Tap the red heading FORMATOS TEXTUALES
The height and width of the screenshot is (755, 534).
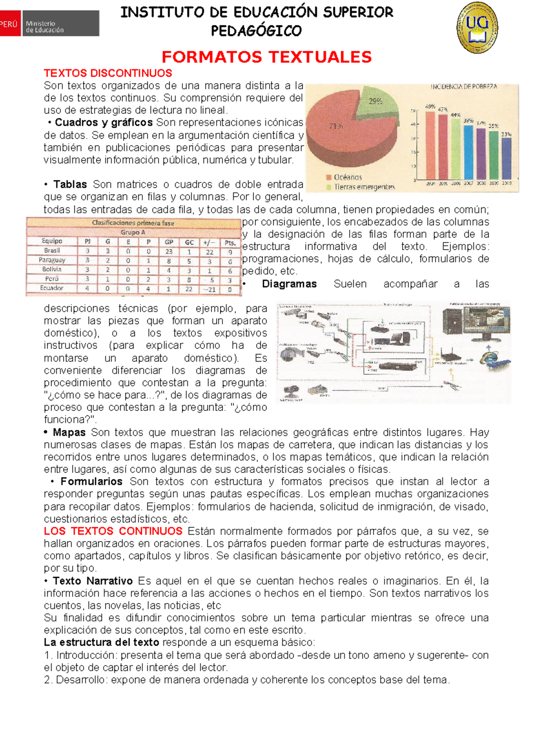tap(266, 57)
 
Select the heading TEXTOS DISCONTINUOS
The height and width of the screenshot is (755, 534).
tap(108, 73)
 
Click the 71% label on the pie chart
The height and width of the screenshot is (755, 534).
tap(336, 126)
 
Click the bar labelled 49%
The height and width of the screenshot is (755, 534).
tap(430, 145)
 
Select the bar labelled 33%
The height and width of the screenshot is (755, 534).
tap(506, 158)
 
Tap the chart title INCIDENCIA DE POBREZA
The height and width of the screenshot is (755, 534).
tap(463, 87)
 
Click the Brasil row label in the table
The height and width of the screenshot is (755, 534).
tap(52, 251)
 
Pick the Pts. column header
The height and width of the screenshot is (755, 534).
tap(230, 243)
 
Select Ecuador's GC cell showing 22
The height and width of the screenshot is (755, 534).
tap(189, 289)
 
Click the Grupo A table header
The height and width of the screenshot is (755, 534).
tap(133, 232)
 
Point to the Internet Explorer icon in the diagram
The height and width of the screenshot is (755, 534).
tap(489, 357)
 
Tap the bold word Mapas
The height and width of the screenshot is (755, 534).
tap(69, 432)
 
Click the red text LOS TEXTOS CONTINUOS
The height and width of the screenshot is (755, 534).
tap(113, 531)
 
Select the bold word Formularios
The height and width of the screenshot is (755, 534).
tap(91, 481)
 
